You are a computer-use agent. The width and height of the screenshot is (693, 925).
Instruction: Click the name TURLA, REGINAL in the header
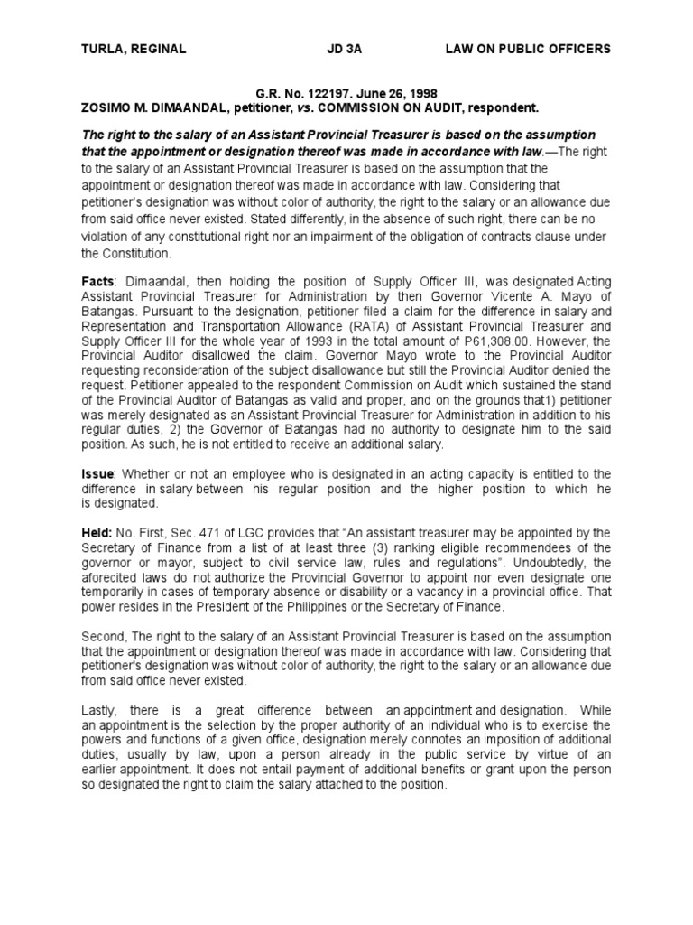pyautogui.click(x=134, y=49)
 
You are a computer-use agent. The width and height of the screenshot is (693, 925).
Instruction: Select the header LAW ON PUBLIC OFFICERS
pyautogui.click(x=528, y=49)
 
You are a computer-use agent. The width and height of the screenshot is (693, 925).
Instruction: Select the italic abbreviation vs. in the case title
pyautogui.click(x=308, y=107)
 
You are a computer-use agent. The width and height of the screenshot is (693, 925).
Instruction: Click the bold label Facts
pyautogui.click(x=97, y=283)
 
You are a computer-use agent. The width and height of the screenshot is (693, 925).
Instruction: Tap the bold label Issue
pyautogui.click(x=98, y=474)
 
